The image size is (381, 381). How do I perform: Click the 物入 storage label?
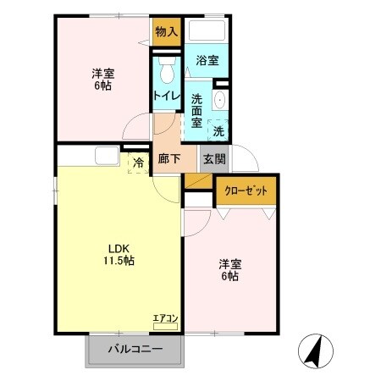(167, 32)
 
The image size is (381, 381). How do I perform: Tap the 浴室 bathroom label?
(207, 60)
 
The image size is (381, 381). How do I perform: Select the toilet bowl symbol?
(166, 68)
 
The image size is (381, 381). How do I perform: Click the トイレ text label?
(166, 97)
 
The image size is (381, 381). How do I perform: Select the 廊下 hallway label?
(168, 159)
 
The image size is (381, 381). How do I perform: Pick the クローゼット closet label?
(246, 191)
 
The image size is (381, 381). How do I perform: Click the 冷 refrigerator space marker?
(137, 159)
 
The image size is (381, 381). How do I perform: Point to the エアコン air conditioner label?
(164, 318)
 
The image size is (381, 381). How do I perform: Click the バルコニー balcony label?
(134, 349)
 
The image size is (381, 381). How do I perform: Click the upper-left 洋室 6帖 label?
(103, 79)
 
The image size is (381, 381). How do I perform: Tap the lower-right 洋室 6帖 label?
(229, 269)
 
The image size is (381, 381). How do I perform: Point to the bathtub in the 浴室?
(207, 31)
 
